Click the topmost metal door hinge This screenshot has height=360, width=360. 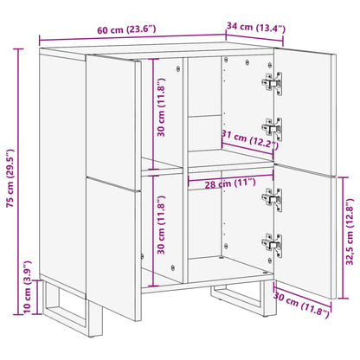tap(272, 82)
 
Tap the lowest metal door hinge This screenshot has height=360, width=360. tap(272, 247)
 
